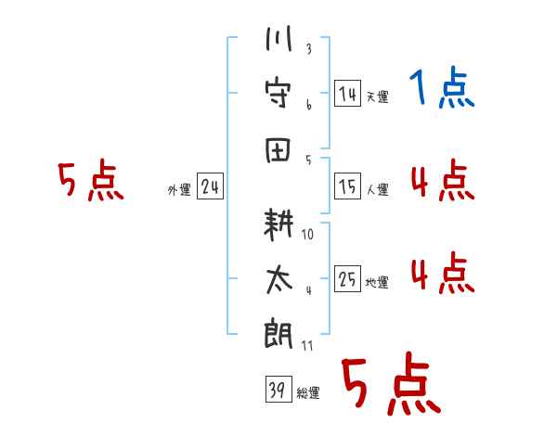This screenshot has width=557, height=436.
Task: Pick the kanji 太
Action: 278,278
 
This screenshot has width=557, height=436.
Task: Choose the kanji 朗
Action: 278,332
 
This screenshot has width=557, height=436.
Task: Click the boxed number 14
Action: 347,93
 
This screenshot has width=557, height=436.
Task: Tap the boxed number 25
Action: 347,279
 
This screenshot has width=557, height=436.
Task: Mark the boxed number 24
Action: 210,187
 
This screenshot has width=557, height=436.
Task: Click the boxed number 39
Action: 277,391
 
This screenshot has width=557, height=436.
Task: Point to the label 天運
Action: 377,96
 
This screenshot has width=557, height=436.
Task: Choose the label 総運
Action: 308,393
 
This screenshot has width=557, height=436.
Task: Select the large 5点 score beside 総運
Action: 391,386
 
